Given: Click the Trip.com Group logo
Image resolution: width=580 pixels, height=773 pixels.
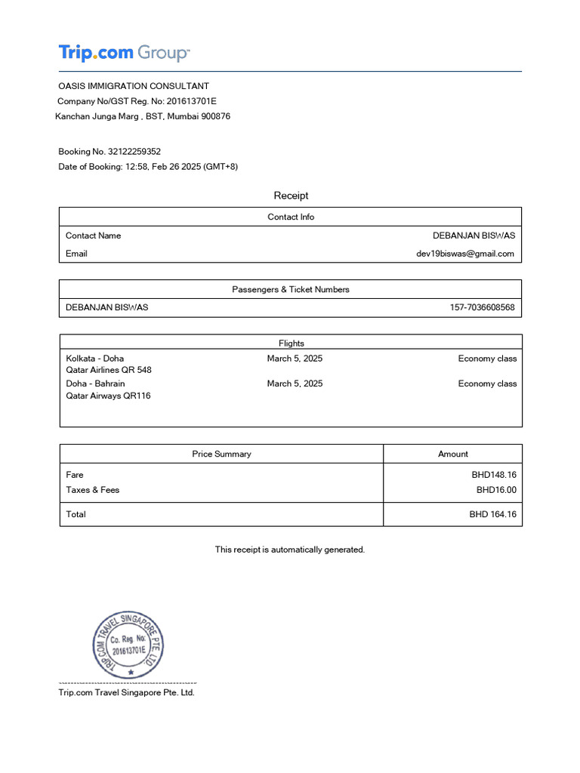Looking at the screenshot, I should [124, 53].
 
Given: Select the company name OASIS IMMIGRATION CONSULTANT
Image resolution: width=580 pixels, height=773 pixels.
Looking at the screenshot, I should [134, 86].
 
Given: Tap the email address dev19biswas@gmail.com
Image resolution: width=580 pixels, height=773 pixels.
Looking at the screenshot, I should [464, 254].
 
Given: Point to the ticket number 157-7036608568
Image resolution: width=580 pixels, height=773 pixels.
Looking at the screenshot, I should [482, 307].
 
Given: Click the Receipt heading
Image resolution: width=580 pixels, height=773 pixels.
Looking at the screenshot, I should [291, 196].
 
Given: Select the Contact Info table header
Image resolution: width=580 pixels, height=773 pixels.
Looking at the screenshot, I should [291, 217].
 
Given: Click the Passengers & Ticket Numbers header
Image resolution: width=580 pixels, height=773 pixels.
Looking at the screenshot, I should [291, 289].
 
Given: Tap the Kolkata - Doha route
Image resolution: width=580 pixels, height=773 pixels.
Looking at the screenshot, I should [95, 359].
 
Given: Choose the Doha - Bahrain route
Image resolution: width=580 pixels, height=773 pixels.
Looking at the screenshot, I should [96, 383].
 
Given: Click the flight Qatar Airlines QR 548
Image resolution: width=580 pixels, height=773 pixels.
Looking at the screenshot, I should [109, 371].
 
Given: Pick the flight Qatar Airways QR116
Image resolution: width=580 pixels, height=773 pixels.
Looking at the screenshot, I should [108, 396].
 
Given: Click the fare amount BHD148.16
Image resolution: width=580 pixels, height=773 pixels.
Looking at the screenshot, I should [494, 475].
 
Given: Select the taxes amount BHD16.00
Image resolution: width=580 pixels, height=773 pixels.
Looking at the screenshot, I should [496, 490].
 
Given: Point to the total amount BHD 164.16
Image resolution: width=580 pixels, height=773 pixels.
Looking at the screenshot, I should [492, 514].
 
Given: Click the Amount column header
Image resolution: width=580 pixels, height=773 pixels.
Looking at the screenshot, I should [452, 454].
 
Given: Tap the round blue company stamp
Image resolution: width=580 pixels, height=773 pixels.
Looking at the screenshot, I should [127, 645].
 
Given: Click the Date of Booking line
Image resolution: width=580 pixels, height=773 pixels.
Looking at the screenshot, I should [148, 167].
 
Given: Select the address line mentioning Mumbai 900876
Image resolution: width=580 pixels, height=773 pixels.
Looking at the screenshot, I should [143, 116].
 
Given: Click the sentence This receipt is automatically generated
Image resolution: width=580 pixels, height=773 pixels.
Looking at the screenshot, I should [290, 550].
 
